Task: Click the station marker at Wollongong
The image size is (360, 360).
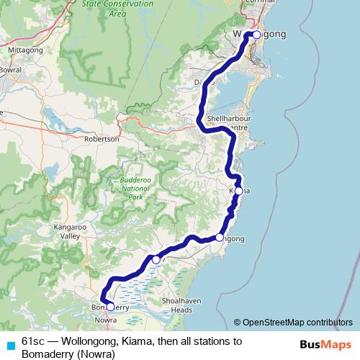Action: (256, 35)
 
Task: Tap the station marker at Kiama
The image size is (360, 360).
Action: (238, 192)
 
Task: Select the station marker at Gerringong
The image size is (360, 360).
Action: (220, 238)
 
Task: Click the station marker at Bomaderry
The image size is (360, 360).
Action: (110, 306)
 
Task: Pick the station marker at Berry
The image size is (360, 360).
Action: (156, 259)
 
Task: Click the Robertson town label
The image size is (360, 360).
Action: (102, 139)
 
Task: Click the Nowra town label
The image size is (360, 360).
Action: (106, 320)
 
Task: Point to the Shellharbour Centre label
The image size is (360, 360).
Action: (227, 122)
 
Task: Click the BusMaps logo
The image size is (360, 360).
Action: (325, 345)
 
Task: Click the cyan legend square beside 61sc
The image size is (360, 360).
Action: (10, 346)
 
